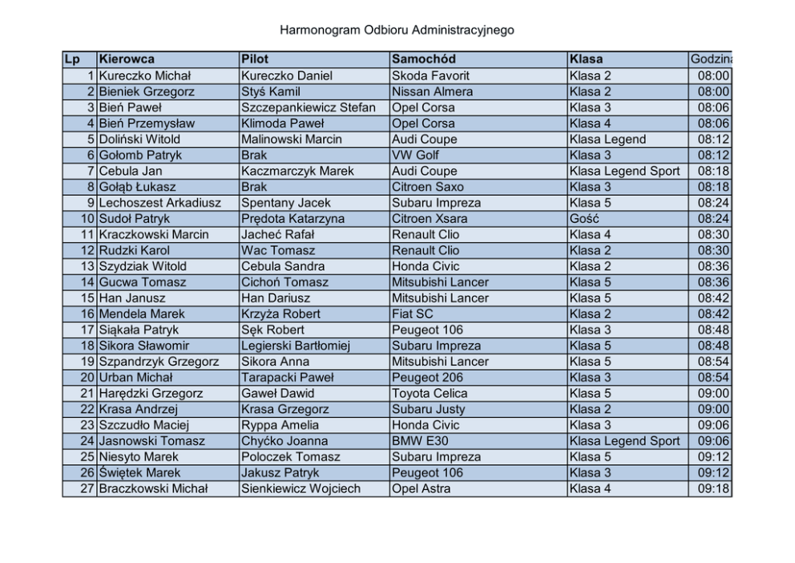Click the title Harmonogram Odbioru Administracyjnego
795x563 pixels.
point(397,30)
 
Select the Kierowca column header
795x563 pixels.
point(127,59)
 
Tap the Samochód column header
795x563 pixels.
point(424,59)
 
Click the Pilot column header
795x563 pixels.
point(255,59)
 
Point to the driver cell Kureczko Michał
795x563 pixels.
point(145,75)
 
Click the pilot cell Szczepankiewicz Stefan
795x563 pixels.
point(309,107)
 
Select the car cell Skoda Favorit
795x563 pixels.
point(431,75)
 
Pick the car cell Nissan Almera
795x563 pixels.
point(433,91)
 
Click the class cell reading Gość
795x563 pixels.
point(583,218)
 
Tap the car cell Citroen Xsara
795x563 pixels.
point(431,218)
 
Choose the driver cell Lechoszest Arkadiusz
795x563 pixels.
point(159,203)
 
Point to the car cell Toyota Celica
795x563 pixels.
point(433,393)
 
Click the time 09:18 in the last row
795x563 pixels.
point(713,488)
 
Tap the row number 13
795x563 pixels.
point(87,266)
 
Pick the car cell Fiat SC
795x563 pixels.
point(413,314)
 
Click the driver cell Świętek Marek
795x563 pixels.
point(140,472)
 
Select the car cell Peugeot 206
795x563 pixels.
point(428,377)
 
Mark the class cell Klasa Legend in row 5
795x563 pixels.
point(607,139)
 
